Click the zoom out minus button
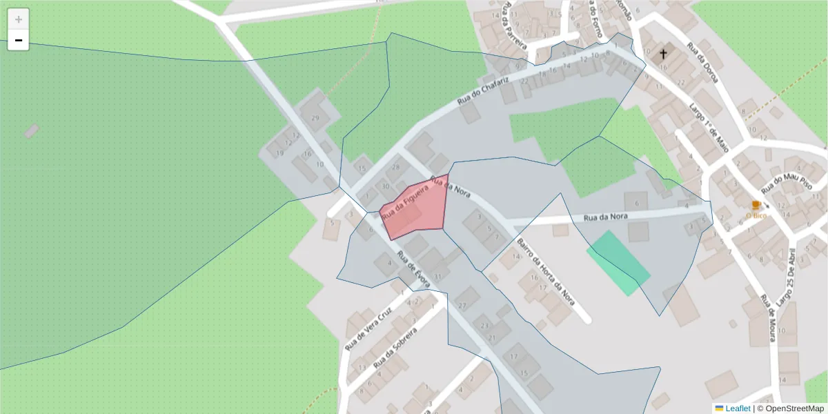(19, 41)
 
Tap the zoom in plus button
(19, 19)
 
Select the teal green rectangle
(618, 263)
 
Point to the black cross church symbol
(663, 53)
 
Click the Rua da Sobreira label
(395, 348)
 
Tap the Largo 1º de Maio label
(709, 127)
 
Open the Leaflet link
(737, 408)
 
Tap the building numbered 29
(315, 118)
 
